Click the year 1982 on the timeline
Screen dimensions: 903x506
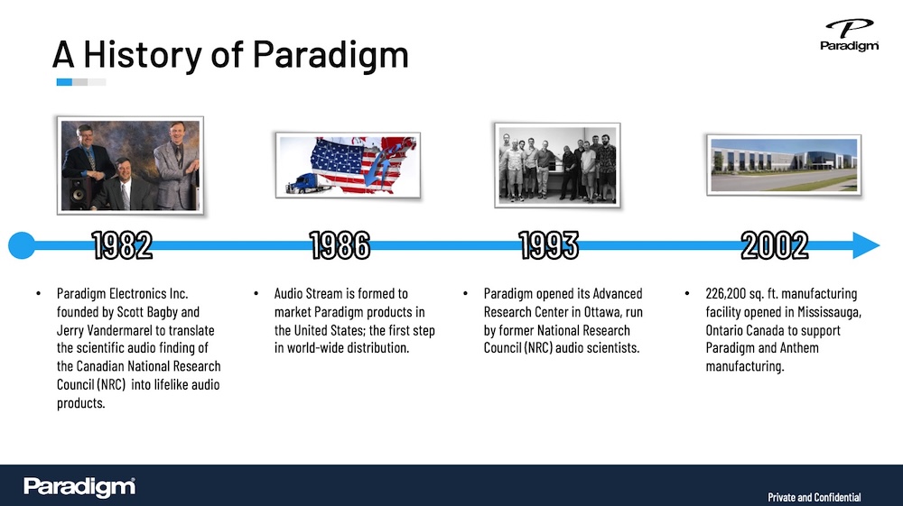click(122, 245)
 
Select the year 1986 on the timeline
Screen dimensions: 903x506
click(340, 245)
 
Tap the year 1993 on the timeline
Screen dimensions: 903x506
click(549, 245)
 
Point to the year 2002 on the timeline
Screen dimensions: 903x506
click(775, 245)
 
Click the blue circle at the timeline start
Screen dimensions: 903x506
click(22, 245)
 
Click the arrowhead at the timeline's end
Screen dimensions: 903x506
click(866, 245)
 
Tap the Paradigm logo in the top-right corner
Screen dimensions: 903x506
click(850, 35)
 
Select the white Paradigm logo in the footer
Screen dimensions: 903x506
click(79, 487)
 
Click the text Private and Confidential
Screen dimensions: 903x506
click(815, 497)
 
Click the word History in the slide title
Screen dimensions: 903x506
click(143, 55)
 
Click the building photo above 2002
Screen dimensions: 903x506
click(784, 165)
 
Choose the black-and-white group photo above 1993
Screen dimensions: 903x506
click(557, 165)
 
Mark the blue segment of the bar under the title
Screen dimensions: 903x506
click(64, 82)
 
